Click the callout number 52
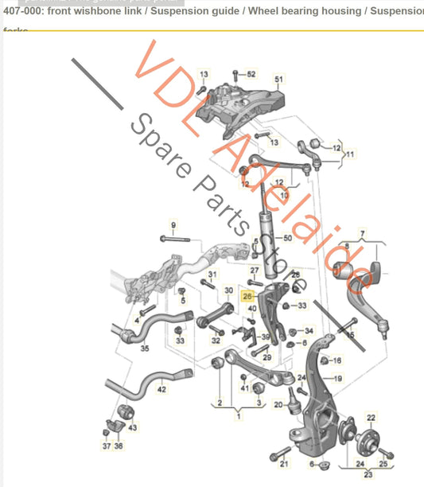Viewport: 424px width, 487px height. pos(251,74)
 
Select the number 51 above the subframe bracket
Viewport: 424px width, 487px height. pos(278,80)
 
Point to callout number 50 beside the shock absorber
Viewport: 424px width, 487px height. pos(288,238)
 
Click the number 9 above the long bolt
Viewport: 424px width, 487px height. pos(173,225)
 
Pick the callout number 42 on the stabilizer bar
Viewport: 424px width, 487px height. pos(161,389)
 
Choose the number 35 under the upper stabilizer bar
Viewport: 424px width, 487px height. pos(145,349)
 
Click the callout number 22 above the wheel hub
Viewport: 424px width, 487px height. pos(371,417)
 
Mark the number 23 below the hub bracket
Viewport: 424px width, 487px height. pos(368,476)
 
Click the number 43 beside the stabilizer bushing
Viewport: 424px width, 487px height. pos(133,427)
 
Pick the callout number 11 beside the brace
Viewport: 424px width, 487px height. pos(350,154)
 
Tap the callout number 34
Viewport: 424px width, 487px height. pos(309,330)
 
